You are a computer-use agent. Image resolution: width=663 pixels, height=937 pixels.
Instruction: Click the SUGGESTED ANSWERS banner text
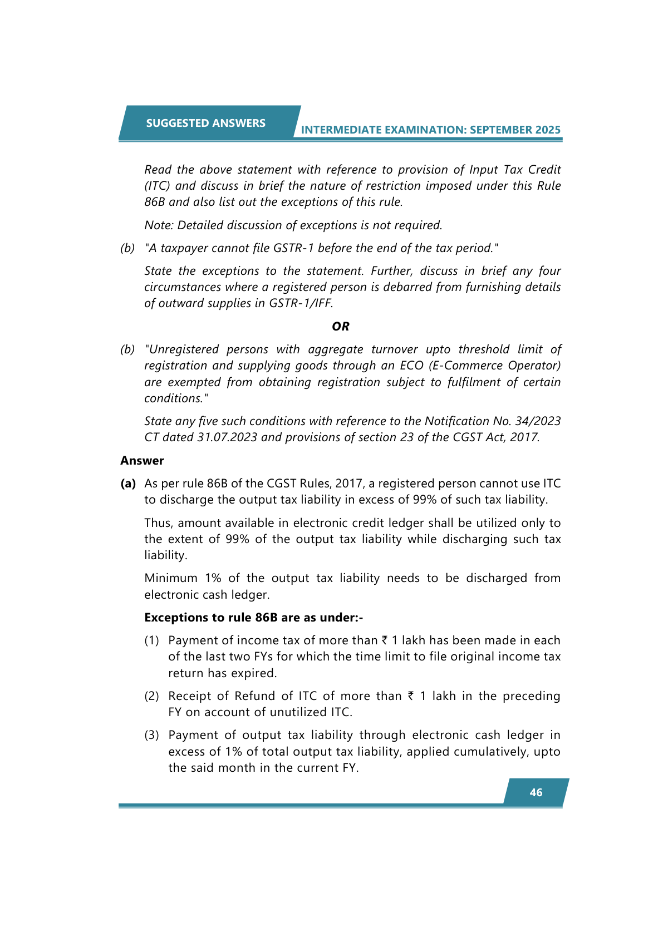[x=205, y=123]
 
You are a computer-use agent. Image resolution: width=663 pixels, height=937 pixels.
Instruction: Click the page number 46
[x=536, y=792]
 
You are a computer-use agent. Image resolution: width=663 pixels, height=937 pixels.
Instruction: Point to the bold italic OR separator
[x=340, y=327]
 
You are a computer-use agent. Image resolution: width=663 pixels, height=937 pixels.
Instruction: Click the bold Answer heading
[x=142, y=461]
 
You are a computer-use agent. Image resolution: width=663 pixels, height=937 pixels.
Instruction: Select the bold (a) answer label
[x=128, y=484]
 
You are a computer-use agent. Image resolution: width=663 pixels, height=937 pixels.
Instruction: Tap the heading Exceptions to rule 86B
[x=253, y=618]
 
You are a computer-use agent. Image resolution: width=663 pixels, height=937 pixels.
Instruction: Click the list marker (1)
[x=151, y=640]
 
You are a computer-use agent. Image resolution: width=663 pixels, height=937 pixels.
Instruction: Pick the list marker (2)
[x=151, y=696]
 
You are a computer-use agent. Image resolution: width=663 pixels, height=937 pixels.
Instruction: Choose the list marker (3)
[x=151, y=735]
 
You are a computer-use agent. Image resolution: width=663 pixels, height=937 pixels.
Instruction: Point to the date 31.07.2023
[x=227, y=437]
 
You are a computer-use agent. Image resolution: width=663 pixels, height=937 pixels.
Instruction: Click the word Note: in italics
[x=159, y=225]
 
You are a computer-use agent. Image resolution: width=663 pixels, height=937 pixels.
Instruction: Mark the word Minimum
[x=170, y=578]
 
